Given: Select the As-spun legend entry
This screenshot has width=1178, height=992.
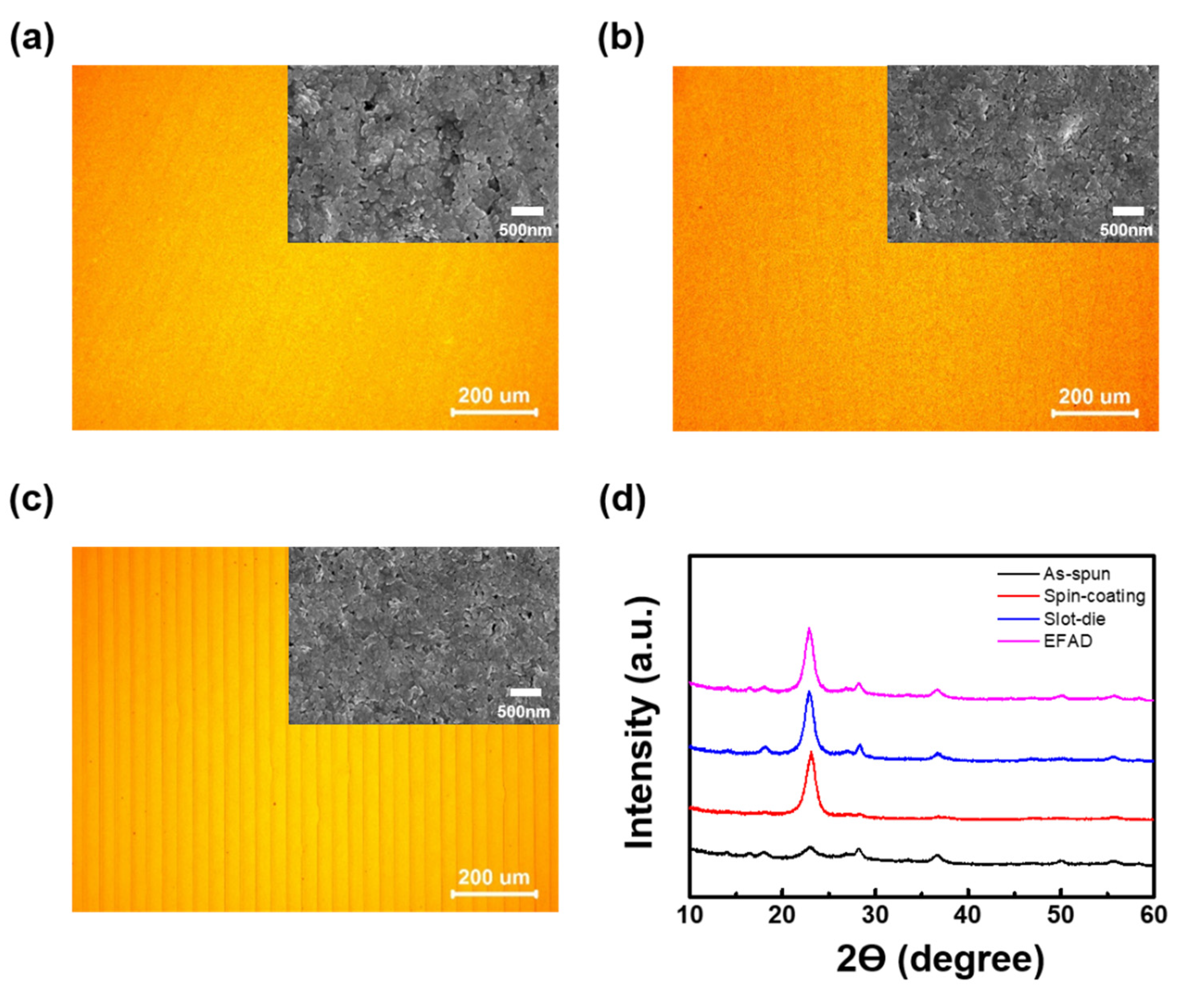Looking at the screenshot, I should [x=1076, y=574].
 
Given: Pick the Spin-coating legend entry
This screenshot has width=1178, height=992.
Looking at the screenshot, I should [x=1094, y=596].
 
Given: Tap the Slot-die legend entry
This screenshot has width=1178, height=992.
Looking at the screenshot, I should [x=1074, y=619].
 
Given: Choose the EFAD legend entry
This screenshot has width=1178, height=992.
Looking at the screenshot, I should [x=1067, y=641].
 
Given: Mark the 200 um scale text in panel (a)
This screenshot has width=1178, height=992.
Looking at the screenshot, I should [x=494, y=396].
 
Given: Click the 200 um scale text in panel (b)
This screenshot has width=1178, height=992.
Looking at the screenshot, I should [x=1094, y=397].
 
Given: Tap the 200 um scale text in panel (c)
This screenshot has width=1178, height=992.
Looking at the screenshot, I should [x=494, y=877].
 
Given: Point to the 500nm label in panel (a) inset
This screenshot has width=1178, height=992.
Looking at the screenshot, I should [x=526, y=230].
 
